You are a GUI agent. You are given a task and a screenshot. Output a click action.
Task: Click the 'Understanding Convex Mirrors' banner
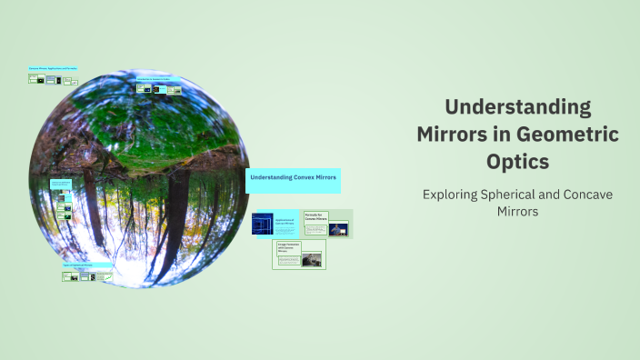(293, 180)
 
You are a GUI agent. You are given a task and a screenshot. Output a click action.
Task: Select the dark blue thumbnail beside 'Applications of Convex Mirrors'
(263, 223)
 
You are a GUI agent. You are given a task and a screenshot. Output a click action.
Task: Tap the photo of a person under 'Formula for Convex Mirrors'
(338, 228)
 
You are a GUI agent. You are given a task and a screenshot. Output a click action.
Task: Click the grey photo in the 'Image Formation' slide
(312, 259)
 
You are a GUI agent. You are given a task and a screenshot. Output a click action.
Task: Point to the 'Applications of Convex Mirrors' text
(285, 221)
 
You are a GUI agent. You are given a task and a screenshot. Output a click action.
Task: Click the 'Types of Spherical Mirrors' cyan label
(87, 265)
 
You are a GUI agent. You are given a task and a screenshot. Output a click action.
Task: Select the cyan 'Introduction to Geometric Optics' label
(158, 79)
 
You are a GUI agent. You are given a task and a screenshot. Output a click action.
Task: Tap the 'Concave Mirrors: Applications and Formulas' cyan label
(54, 68)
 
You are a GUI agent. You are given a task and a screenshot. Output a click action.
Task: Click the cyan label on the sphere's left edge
(61, 183)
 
